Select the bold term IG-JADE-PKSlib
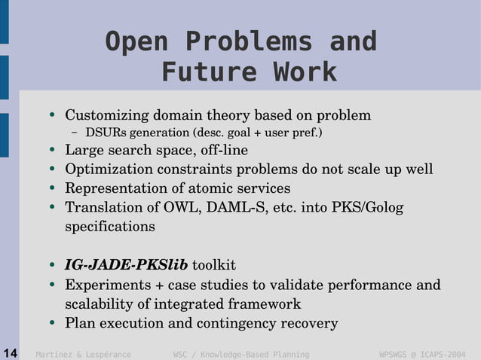click(126, 265)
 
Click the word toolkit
click(214, 265)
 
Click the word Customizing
click(107, 115)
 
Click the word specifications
click(110, 226)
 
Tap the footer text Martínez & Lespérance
click(84, 354)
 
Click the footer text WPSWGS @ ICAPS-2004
click(421, 354)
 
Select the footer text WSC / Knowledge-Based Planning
click(241, 354)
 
